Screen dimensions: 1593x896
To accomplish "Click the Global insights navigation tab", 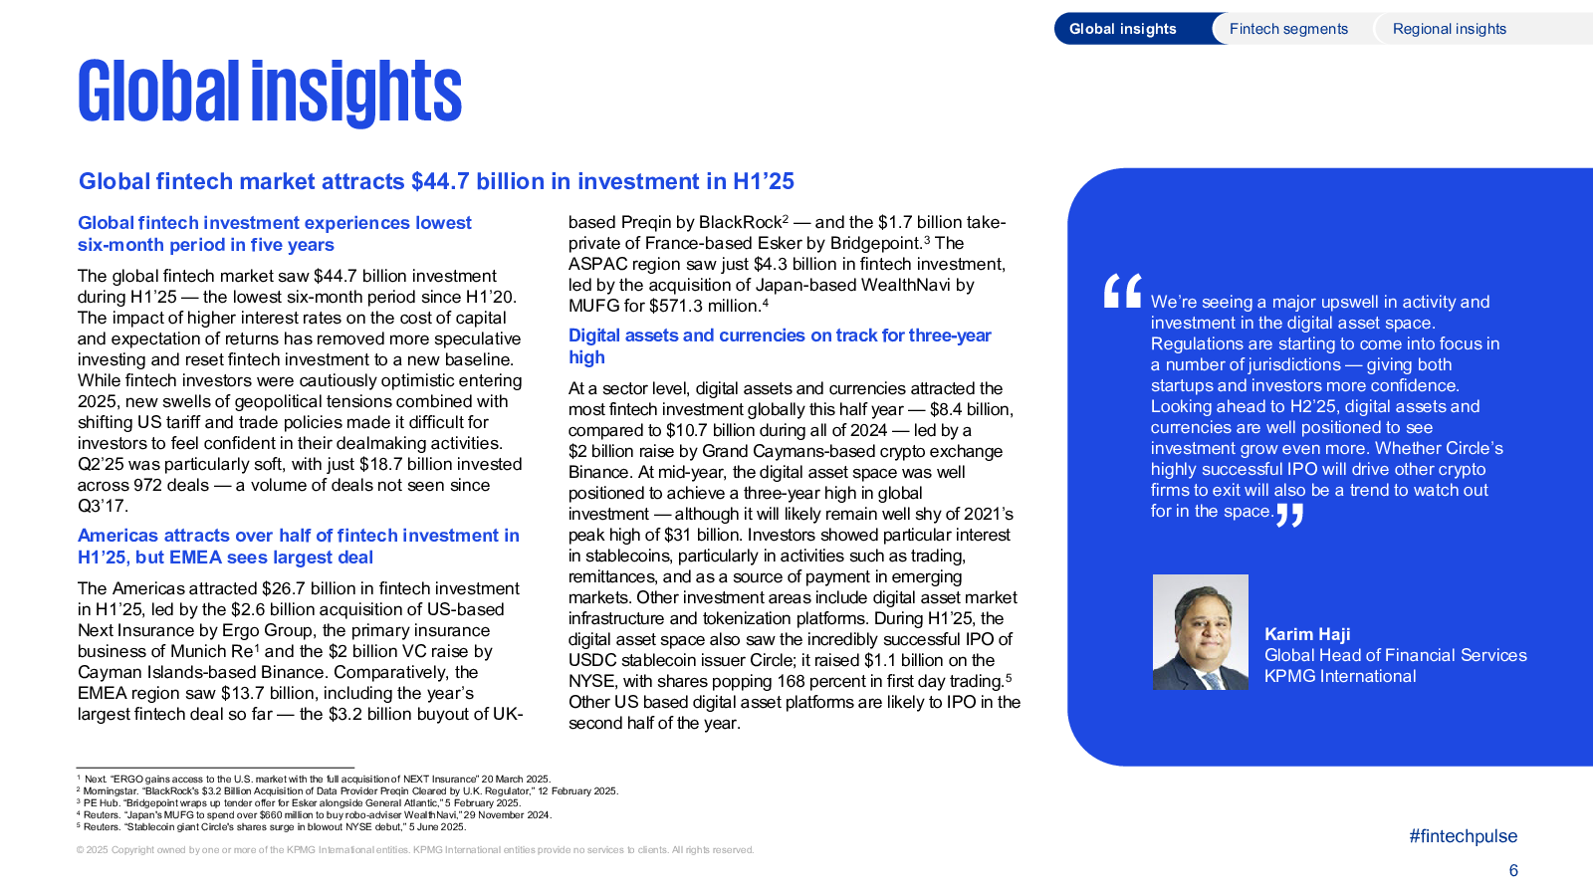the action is [x=1123, y=29].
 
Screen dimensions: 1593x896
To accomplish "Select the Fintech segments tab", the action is [x=1288, y=29].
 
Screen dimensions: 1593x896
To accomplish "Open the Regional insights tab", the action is [x=1450, y=29].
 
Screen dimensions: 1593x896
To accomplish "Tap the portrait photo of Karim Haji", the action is [x=1201, y=632].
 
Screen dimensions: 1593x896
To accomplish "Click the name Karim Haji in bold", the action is [x=1307, y=634].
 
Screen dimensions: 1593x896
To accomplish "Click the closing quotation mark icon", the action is [x=1289, y=515].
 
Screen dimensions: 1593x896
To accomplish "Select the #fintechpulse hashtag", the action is [x=1463, y=836].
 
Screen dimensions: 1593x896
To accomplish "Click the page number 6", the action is [x=1513, y=870].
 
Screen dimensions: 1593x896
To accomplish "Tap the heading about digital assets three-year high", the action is [x=780, y=346].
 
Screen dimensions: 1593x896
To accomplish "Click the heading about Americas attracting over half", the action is [x=298, y=547].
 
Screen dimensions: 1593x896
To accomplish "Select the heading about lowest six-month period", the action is [x=274, y=233].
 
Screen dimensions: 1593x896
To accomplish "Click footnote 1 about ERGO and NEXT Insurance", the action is [x=313, y=780].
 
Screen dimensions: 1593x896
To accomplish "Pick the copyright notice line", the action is [x=414, y=850].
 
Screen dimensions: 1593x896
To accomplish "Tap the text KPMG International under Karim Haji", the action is [x=1340, y=676].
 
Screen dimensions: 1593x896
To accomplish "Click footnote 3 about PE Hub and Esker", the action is [x=298, y=802].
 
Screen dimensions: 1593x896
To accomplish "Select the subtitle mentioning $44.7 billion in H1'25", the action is [x=436, y=181].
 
